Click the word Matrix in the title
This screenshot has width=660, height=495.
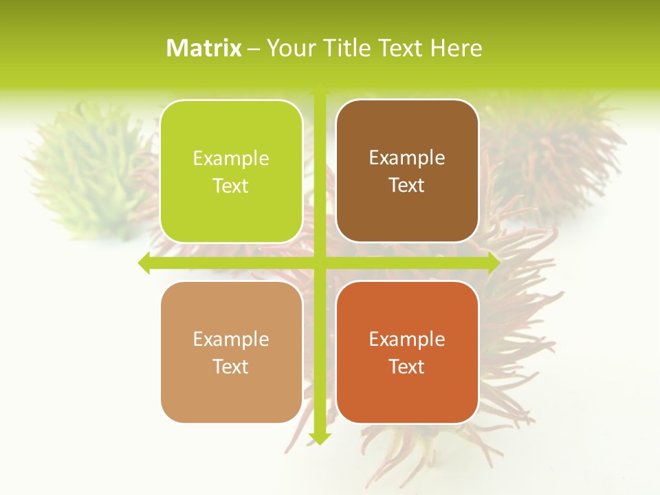[204, 48]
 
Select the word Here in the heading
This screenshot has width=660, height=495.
[456, 48]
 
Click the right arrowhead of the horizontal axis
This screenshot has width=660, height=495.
[493, 263]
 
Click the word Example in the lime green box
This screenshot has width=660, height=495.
[231, 159]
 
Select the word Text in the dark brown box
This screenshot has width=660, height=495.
[407, 186]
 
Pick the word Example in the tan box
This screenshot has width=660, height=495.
[231, 340]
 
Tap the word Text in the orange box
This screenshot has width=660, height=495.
[407, 366]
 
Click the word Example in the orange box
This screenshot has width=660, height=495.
[407, 340]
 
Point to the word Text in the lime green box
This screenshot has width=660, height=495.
[231, 186]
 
